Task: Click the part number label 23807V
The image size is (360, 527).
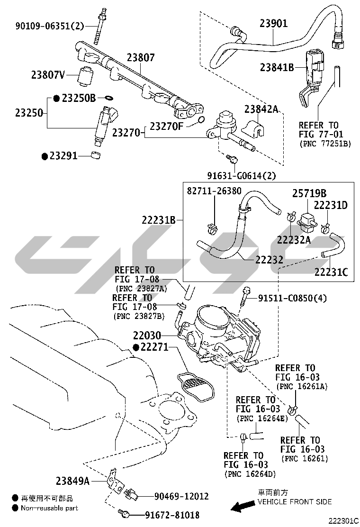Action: pos(48,74)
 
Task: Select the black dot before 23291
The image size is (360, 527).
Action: pos(45,155)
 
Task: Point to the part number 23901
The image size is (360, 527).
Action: pos(273,23)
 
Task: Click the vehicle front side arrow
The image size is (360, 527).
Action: pos(241,508)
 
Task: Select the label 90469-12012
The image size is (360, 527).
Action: pos(181,496)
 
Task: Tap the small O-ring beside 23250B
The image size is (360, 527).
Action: pos(108,98)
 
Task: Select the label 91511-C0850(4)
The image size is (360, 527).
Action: pos(292,298)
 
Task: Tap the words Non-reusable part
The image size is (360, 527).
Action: pos(49,508)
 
